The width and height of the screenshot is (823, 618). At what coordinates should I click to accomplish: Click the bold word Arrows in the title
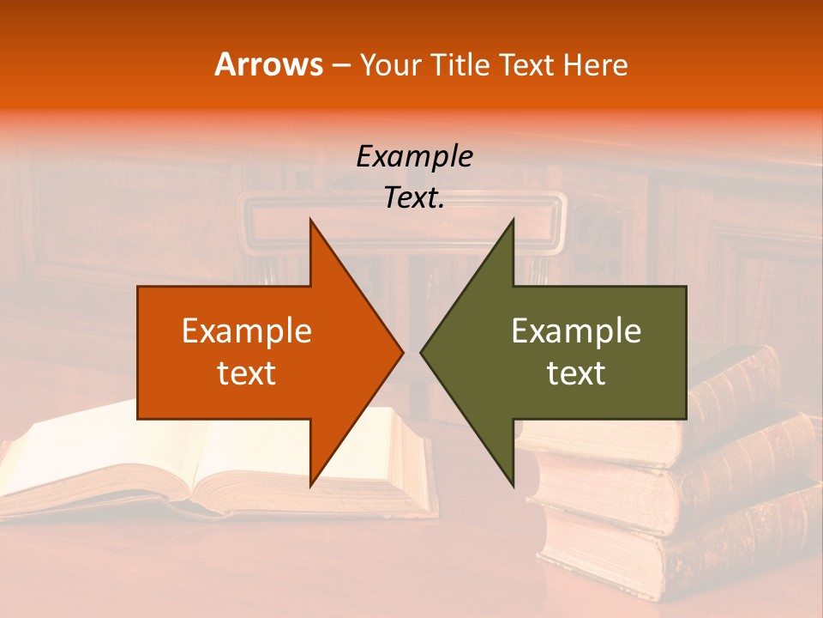click(269, 64)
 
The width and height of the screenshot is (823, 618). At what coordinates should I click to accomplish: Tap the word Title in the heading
click(460, 64)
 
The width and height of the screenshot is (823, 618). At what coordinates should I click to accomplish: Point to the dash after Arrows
click(341, 65)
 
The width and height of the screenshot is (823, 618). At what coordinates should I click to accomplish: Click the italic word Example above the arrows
click(414, 156)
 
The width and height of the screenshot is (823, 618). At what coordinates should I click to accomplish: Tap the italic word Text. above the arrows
click(414, 197)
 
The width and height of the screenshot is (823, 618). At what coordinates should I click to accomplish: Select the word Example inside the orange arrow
click(247, 330)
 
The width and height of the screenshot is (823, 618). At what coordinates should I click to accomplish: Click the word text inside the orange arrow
click(247, 373)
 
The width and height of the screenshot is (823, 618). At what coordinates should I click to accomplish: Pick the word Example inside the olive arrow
click(576, 330)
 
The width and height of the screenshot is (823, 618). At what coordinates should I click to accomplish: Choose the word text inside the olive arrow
click(576, 373)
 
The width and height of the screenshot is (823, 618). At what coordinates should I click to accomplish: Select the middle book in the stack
click(686, 481)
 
